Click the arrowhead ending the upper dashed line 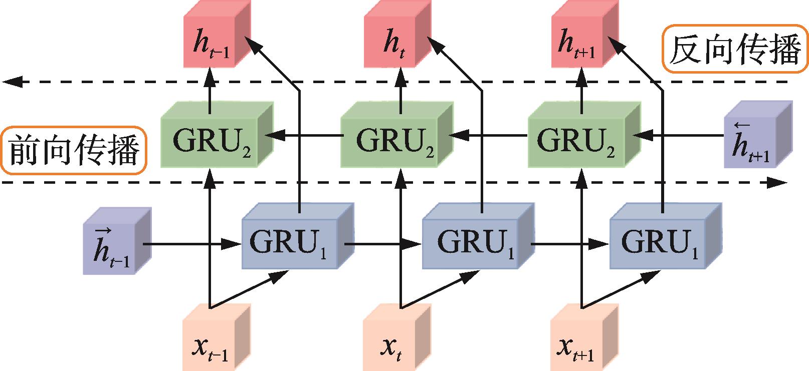click(12, 82)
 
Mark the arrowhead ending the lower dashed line click(780, 183)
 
